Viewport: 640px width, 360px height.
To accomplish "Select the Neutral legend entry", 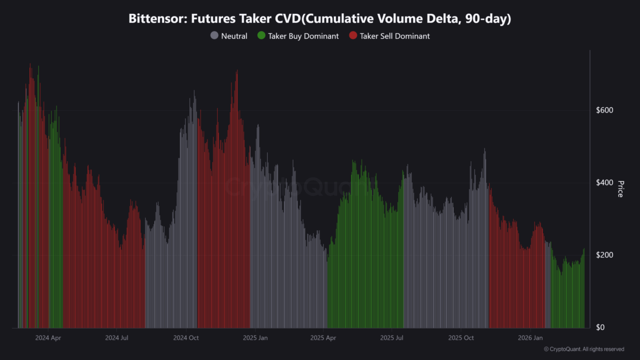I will point(234,36).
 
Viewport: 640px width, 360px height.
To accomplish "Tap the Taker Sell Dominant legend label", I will point(395,36).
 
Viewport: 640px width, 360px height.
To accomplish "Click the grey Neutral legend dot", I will point(214,36).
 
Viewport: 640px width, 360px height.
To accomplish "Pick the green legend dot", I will point(261,36).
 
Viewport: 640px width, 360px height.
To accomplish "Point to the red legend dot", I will point(353,36).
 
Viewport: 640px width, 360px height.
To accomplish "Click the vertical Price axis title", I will point(620,188).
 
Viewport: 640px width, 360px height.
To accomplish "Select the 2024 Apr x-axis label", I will point(48,338).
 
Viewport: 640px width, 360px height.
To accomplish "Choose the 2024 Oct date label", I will point(186,338).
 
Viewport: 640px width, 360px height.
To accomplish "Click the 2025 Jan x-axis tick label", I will point(255,338).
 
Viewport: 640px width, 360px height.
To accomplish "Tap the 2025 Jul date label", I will point(391,338).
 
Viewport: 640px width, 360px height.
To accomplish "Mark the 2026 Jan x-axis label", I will point(530,338).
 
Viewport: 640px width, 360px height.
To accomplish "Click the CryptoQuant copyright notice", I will point(583,349).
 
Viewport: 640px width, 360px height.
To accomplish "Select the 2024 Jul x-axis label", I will point(117,338).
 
